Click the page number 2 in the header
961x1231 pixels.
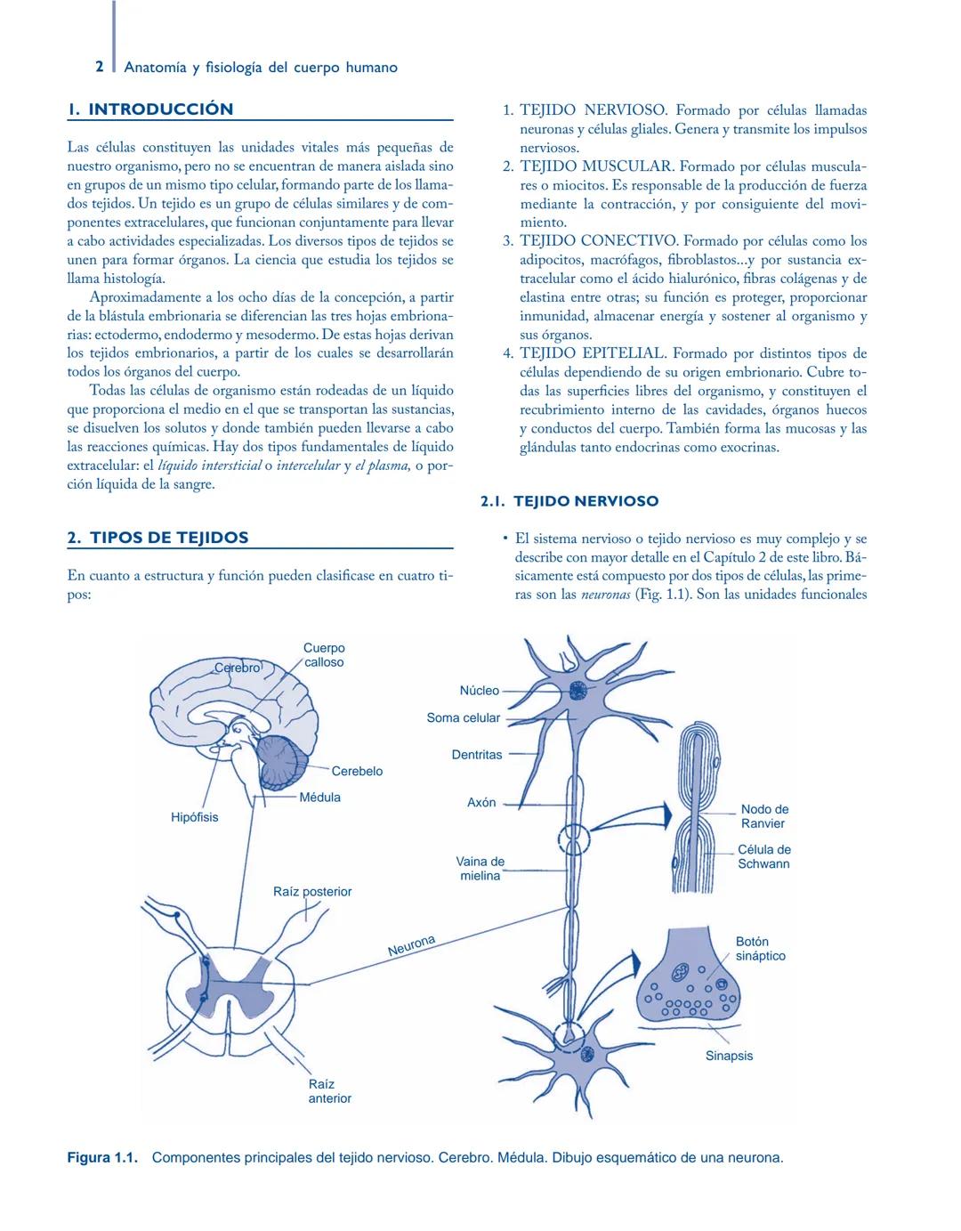click(x=100, y=67)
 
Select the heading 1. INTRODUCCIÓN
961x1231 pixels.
click(x=150, y=109)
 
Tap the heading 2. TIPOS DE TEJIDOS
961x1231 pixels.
click(x=157, y=538)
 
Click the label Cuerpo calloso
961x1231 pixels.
click(x=323, y=655)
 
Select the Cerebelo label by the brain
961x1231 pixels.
click(x=357, y=771)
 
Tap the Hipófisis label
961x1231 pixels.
click(x=194, y=817)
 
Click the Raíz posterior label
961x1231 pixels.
click(x=311, y=891)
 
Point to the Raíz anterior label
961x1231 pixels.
click(x=329, y=1091)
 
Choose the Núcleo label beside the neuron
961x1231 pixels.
click(x=479, y=691)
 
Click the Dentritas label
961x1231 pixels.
click(x=476, y=755)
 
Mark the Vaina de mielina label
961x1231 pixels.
click(x=480, y=869)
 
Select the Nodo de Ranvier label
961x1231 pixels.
click(x=764, y=816)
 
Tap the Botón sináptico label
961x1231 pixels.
click(x=760, y=949)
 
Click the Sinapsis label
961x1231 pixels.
click(x=729, y=1056)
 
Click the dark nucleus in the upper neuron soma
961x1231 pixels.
click(x=579, y=691)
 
